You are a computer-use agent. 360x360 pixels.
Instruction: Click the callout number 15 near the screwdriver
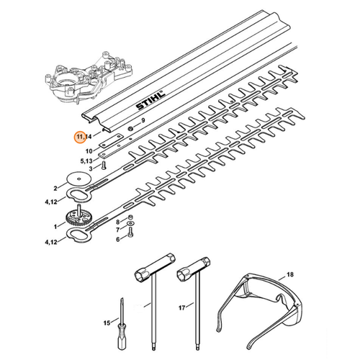coord(107,322)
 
